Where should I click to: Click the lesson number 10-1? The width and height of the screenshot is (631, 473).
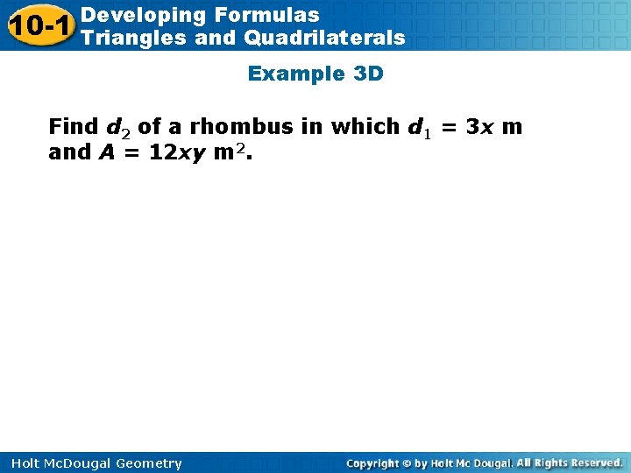click(40, 26)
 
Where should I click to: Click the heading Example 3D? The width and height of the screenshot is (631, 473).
click(315, 74)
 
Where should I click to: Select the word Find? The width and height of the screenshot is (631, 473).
click(74, 127)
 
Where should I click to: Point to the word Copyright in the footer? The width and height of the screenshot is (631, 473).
click(373, 463)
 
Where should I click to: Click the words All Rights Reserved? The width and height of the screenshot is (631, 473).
click(570, 462)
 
